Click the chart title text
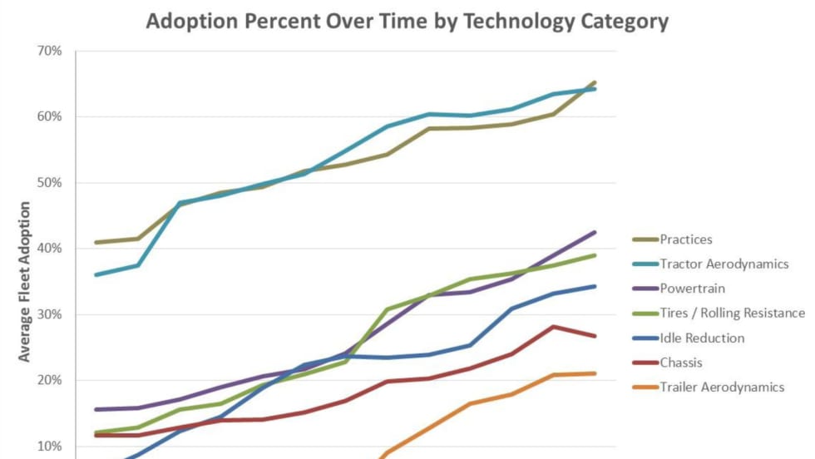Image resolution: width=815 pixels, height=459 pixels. point(407,22)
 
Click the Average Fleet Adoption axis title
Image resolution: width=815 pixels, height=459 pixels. point(24,281)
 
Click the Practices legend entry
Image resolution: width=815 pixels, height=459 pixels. point(686,239)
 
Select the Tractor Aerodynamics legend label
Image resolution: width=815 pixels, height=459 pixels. point(724,264)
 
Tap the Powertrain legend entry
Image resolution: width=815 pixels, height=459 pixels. point(692,289)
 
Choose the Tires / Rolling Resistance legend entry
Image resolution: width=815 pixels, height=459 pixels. point(732,313)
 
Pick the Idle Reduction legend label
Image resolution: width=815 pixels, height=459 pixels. point(702,338)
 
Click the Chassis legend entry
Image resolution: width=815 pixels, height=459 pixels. point(681,363)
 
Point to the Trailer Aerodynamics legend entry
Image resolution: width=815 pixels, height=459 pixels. point(722,387)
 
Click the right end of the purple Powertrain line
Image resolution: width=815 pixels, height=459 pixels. point(595,232)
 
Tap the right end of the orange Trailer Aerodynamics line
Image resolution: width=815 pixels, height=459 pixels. point(595,373)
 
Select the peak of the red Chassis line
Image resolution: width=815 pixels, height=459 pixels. point(553,327)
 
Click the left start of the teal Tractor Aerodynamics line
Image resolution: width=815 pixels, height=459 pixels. point(96,274)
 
